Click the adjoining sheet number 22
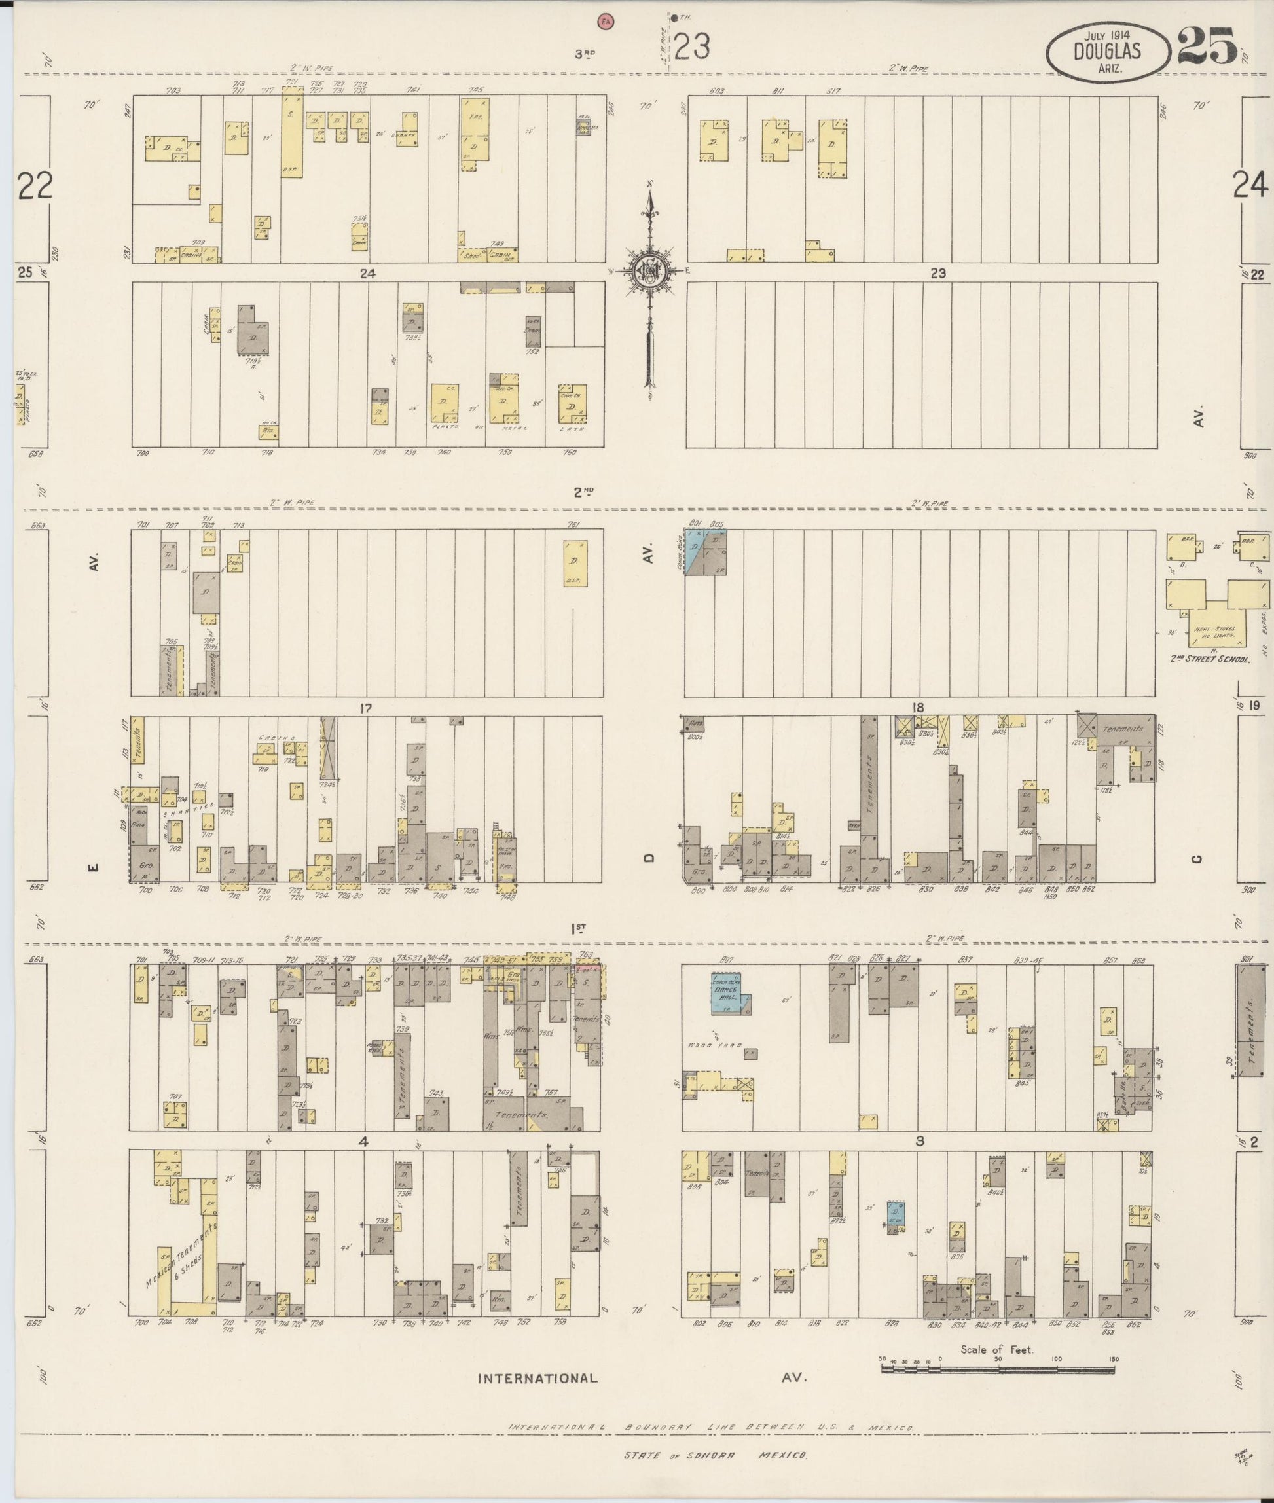(35, 187)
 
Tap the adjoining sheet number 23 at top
(692, 47)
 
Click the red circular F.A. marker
(604, 22)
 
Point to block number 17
(365, 708)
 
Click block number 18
(917, 707)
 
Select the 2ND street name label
(583, 492)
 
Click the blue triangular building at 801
(695, 552)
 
